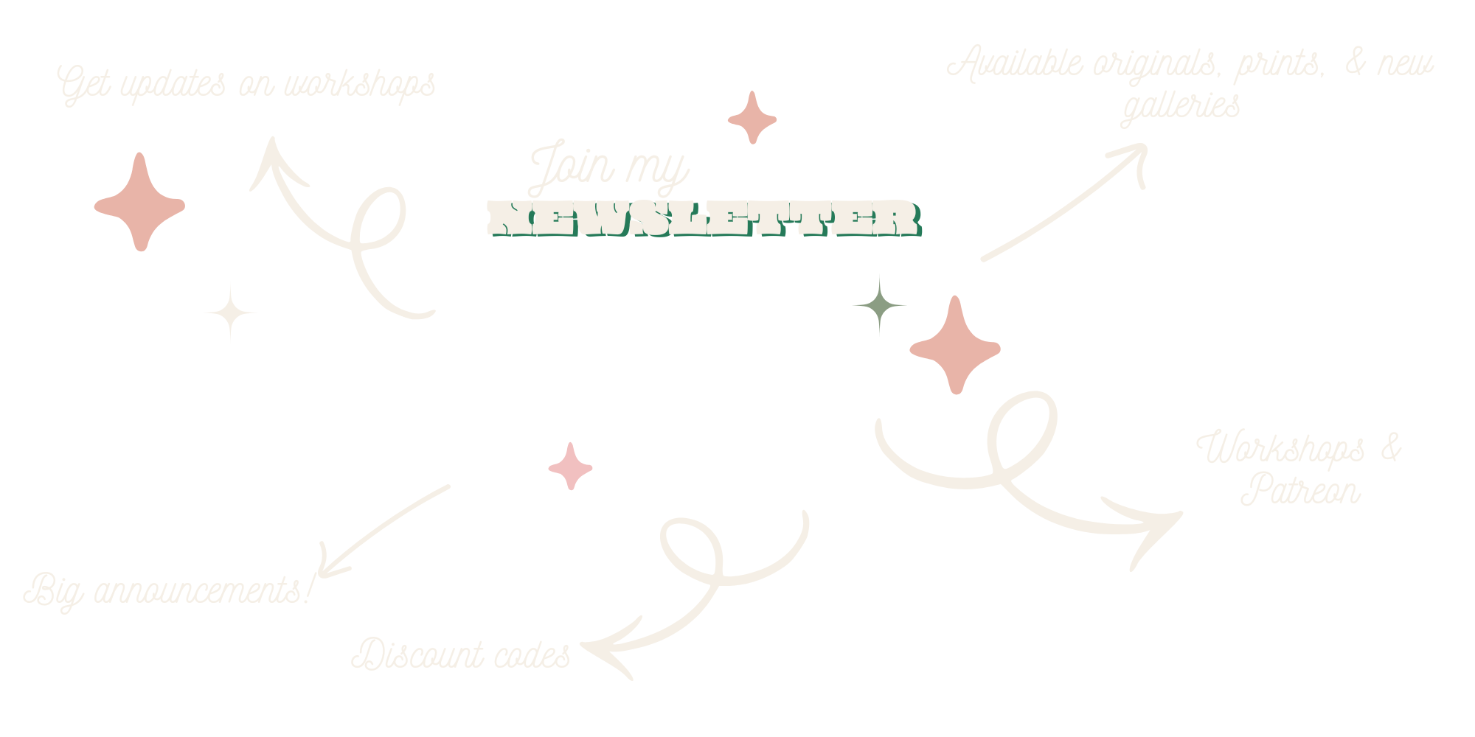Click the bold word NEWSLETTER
704,219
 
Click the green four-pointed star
879,304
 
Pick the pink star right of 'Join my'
752,118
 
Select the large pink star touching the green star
955,346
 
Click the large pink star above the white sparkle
139,203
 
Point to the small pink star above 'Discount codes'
570,467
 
